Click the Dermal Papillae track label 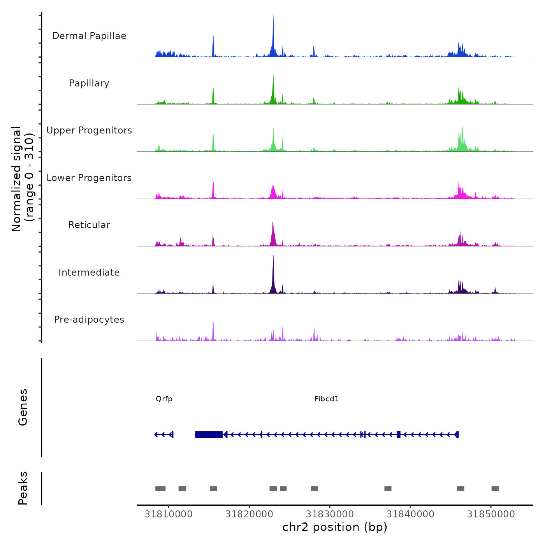[89, 36]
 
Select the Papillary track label [89, 83]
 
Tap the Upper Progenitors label [89, 130]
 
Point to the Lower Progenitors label [89, 178]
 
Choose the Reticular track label [89, 225]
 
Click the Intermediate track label [89, 272]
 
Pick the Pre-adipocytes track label [89, 320]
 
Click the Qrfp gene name [164, 399]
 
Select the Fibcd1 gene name [327, 399]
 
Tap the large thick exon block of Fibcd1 [209, 434]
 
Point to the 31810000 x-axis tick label [169, 514]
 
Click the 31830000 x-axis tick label [330, 514]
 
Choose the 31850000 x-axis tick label [491, 514]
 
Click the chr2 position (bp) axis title [335, 527]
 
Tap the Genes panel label [23, 407]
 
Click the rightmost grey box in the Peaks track [495, 489]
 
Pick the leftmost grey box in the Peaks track [160, 489]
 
